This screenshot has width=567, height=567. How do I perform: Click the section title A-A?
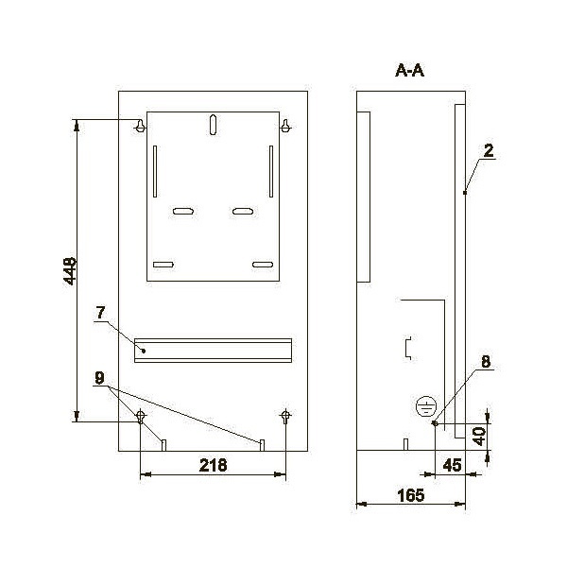point(409,71)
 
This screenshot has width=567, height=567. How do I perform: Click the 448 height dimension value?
point(70,271)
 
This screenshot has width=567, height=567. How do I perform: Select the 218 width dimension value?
point(213,465)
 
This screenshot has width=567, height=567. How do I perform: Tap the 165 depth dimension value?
point(411,495)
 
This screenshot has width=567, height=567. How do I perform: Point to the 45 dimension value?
point(452,465)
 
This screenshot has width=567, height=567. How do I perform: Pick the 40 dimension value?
point(479,436)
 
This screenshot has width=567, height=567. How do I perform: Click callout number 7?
point(100,313)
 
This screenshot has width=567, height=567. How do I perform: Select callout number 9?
point(99,378)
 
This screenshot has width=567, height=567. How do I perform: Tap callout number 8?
point(486,361)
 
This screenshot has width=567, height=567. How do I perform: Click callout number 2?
point(489,151)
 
